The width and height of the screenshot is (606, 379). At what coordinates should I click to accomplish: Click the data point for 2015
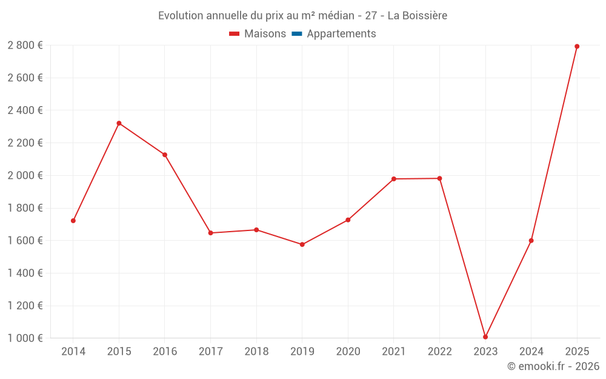coord(119,123)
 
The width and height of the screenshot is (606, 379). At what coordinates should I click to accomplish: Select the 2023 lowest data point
coord(485,337)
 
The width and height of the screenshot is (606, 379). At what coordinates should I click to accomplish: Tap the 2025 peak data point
coord(577,46)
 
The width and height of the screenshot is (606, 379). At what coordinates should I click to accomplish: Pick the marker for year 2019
coord(302,244)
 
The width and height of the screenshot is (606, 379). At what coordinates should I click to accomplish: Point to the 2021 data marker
coord(394,179)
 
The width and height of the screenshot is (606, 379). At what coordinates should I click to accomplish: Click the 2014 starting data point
coord(73,221)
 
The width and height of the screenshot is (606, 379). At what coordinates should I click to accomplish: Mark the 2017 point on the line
coord(210,233)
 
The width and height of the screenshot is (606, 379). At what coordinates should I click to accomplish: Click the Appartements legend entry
coord(341,34)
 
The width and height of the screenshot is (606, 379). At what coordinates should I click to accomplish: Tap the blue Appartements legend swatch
coord(297,34)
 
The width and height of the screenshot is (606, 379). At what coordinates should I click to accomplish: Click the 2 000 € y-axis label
coord(25,175)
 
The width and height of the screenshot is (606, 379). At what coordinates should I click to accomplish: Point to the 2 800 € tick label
coord(25,45)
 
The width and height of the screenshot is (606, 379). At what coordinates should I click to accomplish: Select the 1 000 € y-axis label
coord(25,338)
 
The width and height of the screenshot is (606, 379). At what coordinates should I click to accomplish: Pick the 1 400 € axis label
coord(25,273)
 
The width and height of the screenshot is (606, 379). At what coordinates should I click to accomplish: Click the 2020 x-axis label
coord(348,351)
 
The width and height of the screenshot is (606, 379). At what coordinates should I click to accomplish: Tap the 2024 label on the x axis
coord(531,351)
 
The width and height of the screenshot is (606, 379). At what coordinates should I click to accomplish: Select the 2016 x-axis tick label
coord(165,351)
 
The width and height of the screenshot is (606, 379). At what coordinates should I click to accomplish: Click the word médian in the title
coord(336,16)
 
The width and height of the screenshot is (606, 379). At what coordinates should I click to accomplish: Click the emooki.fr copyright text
coord(553,366)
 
